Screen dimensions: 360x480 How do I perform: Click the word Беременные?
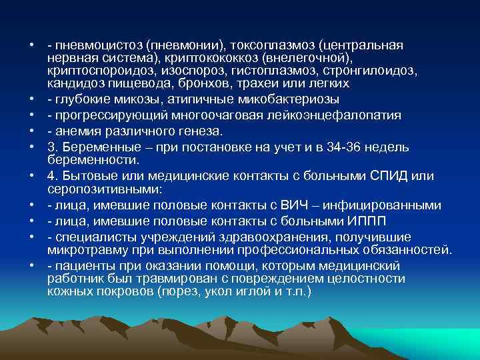(x=99, y=147)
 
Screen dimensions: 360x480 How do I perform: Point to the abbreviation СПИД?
(x=386, y=176)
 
